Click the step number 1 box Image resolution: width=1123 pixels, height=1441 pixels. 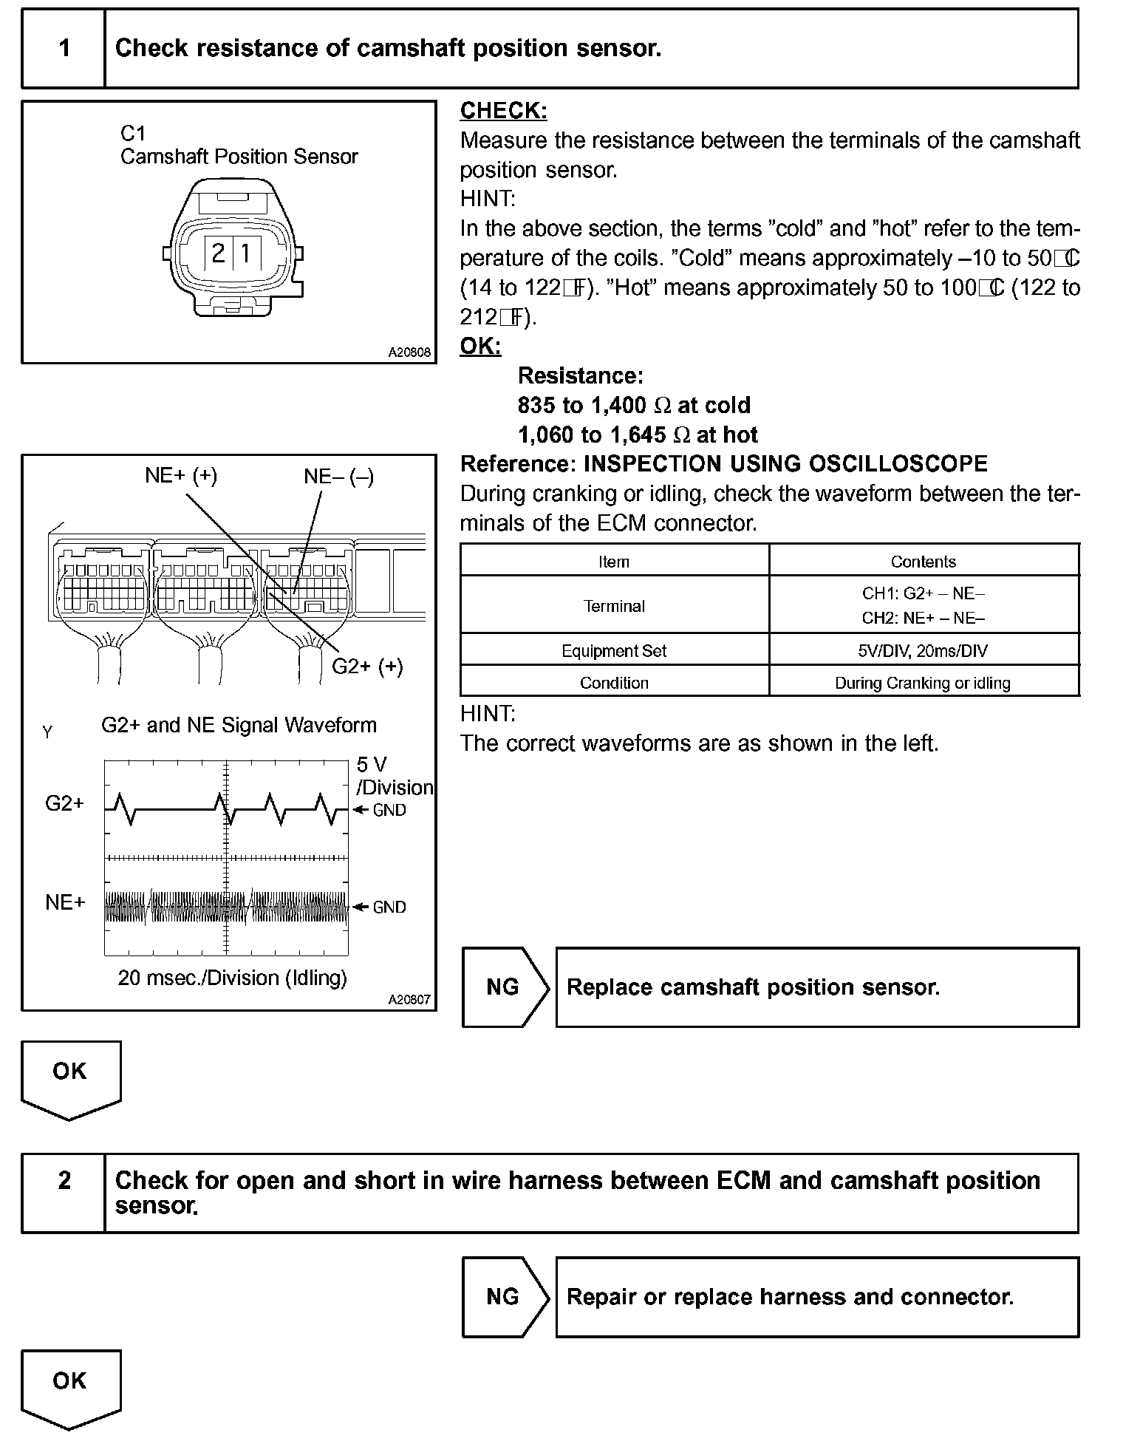tap(64, 49)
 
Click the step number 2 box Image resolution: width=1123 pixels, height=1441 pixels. tap(64, 1192)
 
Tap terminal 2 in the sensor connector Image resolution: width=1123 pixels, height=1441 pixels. tap(218, 254)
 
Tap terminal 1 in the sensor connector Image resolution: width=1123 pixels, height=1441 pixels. tap(245, 254)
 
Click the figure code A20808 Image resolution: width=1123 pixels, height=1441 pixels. tap(409, 352)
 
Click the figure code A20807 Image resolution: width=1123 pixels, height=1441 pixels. tap(409, 1000)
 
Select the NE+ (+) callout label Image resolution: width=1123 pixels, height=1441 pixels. tap(181, 475)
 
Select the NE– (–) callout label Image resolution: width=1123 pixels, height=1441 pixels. tap(338, 477)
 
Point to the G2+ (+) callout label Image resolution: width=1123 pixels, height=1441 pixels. tap(367, 667)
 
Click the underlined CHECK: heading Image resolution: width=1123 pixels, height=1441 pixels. tap(503, 111)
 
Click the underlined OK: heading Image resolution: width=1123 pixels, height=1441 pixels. tap(480, 346)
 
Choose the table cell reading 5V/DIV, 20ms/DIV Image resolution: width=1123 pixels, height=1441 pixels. tap(924, 650)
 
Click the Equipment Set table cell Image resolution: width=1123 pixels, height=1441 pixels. tap(614, 650)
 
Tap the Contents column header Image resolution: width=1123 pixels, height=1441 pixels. tap(924, 562)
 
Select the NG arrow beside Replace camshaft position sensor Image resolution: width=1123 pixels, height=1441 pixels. tap(504, 987)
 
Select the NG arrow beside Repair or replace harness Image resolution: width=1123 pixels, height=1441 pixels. tap(504, 1297)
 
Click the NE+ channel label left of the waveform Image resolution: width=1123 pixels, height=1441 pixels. tap(65, 902)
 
